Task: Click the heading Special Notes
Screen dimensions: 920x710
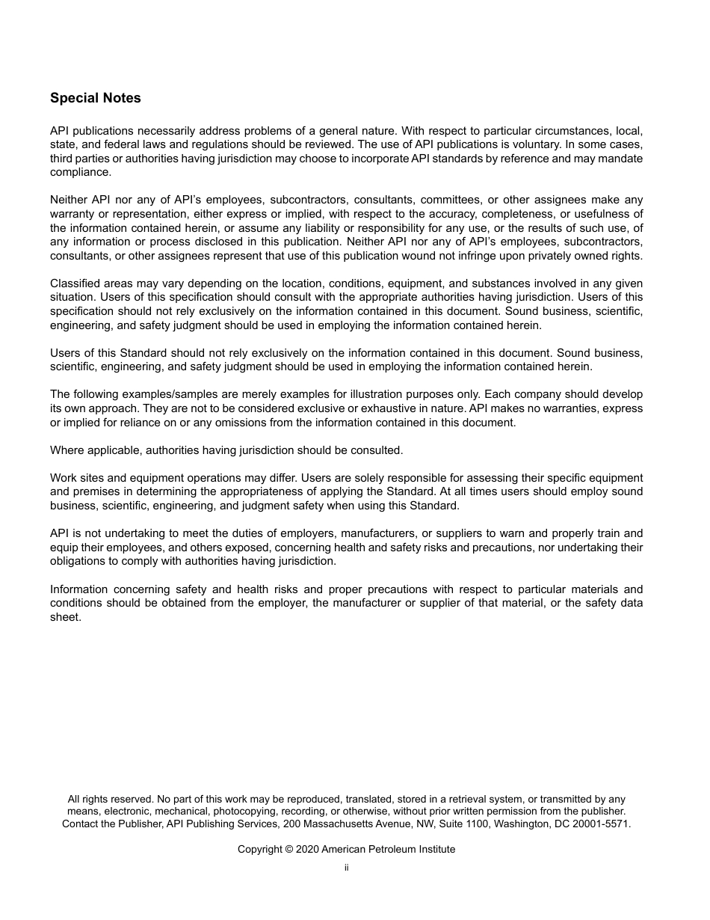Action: tap(95, 98)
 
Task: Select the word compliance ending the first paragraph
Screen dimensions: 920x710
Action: tap(80, 172)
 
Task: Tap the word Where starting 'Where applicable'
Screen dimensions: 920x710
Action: tap(65, 450)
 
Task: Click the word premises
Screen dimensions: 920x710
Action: tap(94, 492)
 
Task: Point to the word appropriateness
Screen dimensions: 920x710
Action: tap(302, 492)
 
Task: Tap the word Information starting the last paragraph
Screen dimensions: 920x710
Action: tap(78, 590)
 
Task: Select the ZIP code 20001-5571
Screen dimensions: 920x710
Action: tap(602, 824)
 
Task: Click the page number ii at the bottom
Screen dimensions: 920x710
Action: tap(346, 868)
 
